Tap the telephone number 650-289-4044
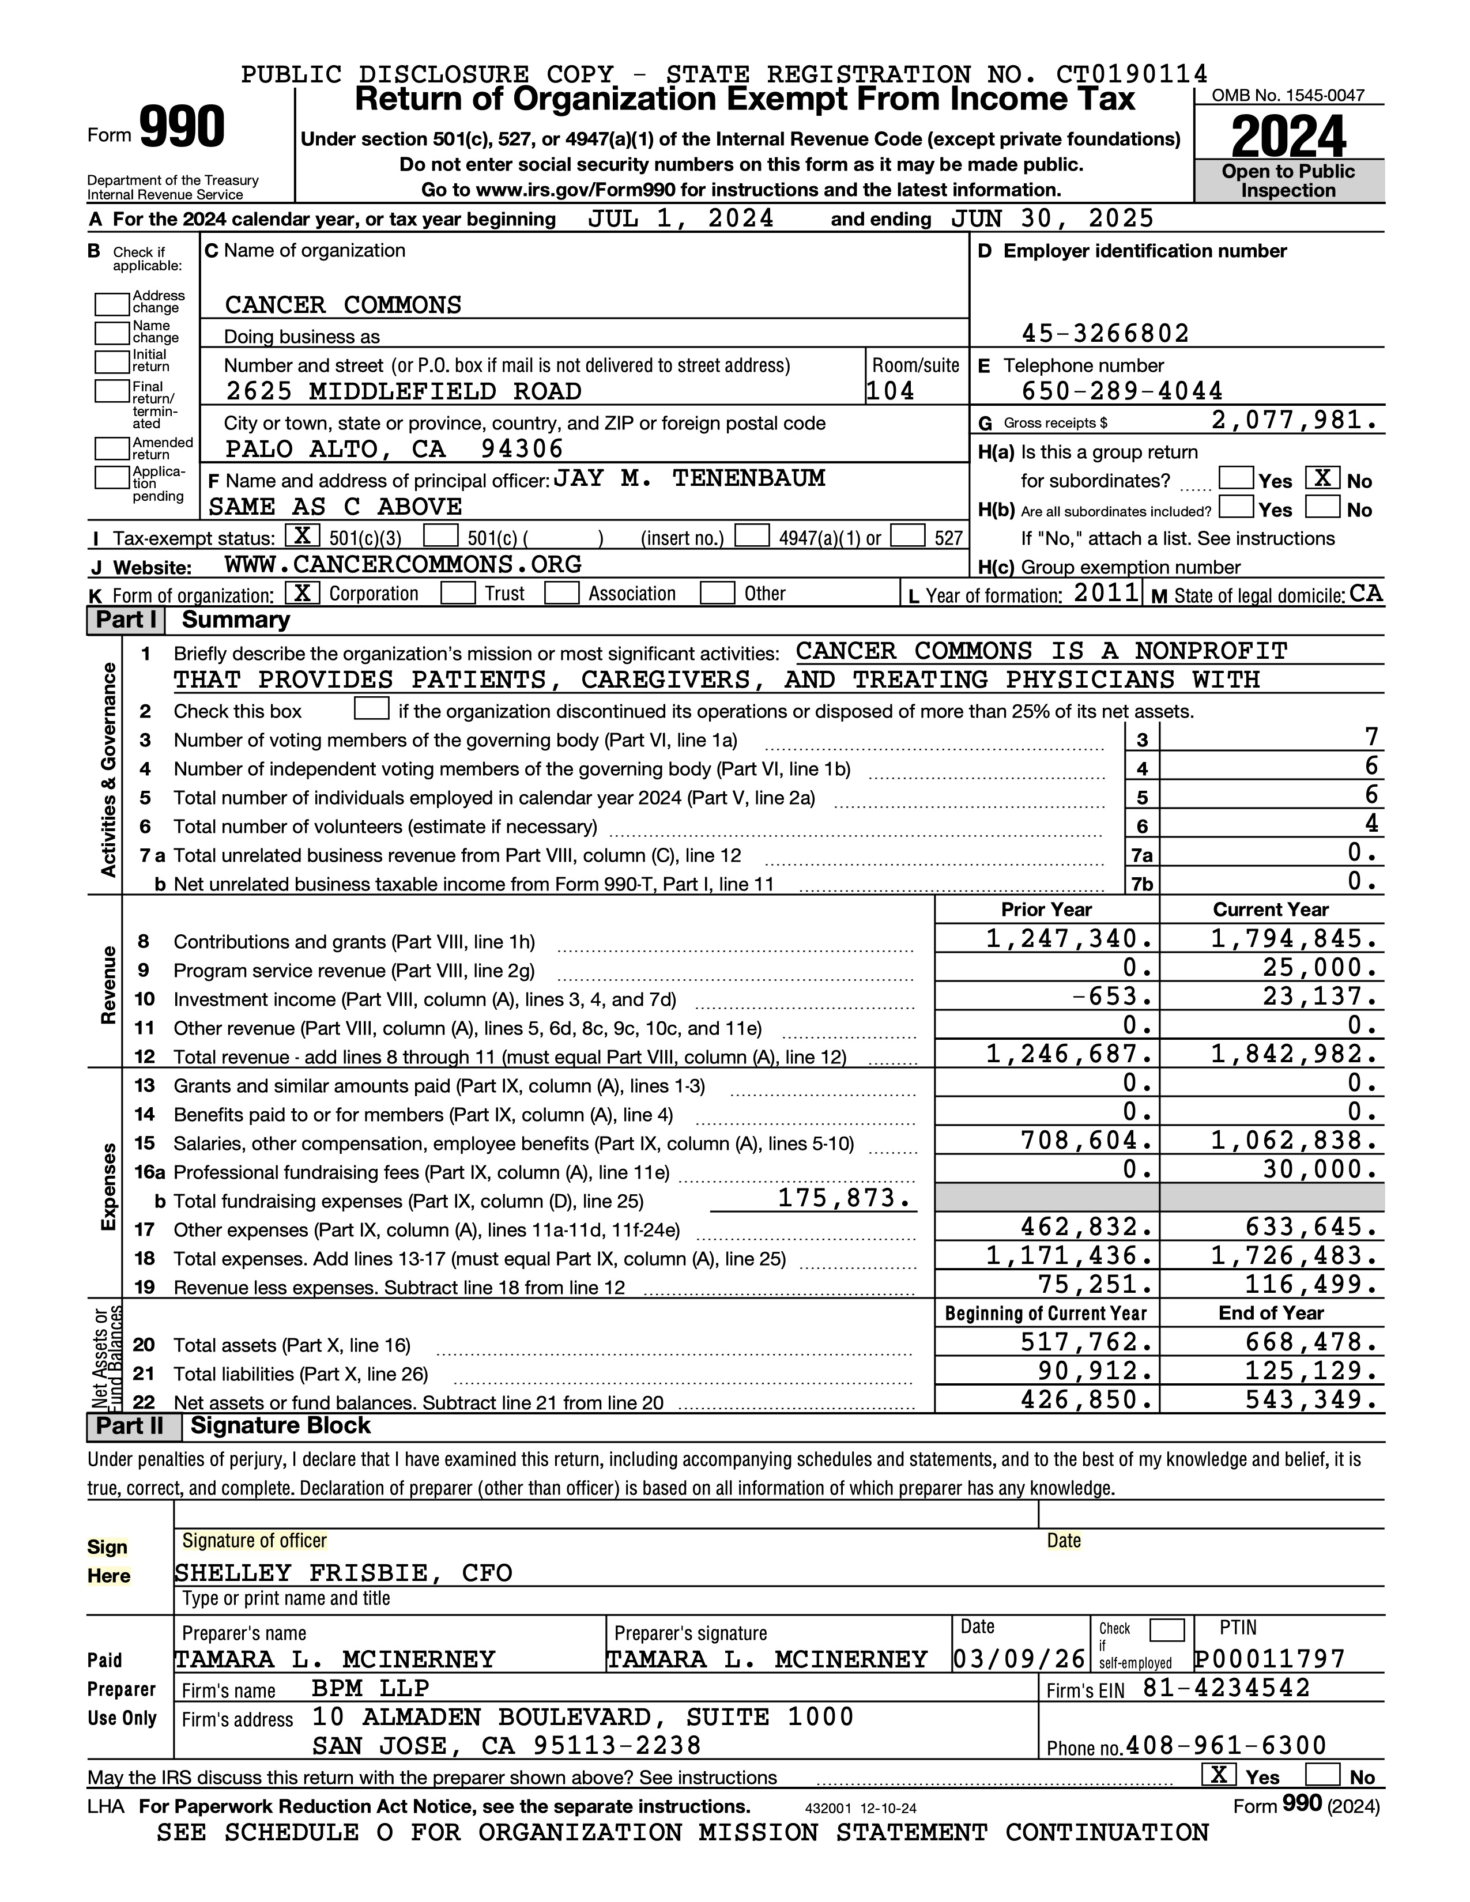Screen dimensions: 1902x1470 point(1122,391)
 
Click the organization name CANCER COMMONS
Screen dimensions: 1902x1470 point(343,305)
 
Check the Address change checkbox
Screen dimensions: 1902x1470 point(111,304)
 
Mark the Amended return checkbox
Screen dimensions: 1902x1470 point(111,448)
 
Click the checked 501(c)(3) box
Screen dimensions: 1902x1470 point(302,535)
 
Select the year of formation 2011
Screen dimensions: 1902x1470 point(1106,594)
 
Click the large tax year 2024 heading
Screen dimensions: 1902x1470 point(1288,137)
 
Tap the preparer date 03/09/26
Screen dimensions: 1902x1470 point(1019,1658)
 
